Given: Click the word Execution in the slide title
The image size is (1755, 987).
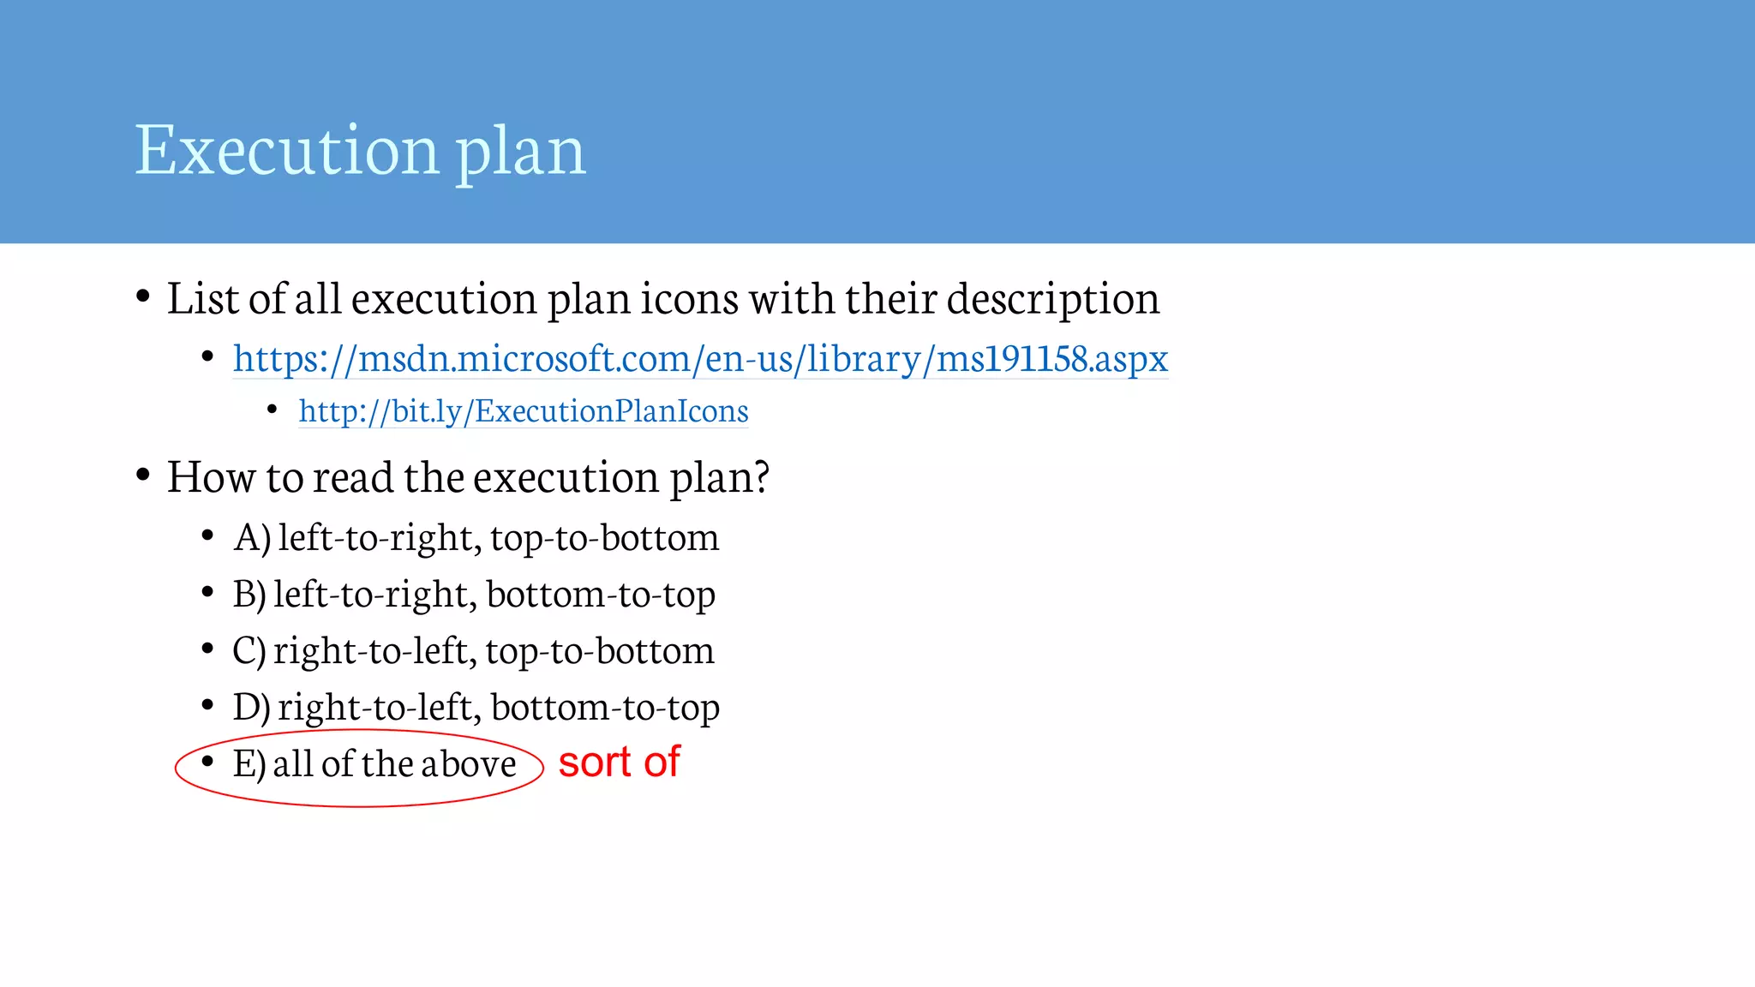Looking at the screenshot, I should [288, 150].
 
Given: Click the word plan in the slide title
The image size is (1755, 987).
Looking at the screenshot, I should [520, 152].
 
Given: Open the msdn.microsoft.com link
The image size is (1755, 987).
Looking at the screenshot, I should [700, 358].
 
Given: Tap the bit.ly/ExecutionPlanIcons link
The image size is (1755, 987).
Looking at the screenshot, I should [523, 411].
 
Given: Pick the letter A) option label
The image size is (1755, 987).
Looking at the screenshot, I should [252, 538].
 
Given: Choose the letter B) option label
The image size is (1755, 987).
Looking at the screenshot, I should [249, 595].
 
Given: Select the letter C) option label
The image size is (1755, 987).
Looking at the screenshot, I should [249, 651].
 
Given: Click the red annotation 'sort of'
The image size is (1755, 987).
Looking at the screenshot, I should [619, 762].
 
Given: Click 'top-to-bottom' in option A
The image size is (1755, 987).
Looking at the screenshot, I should [605, 538].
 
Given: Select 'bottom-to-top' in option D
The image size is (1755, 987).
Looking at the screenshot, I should [605, 708].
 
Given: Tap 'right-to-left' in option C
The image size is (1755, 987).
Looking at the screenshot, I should [374, 651].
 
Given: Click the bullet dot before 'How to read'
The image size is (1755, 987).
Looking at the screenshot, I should [143, 474].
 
